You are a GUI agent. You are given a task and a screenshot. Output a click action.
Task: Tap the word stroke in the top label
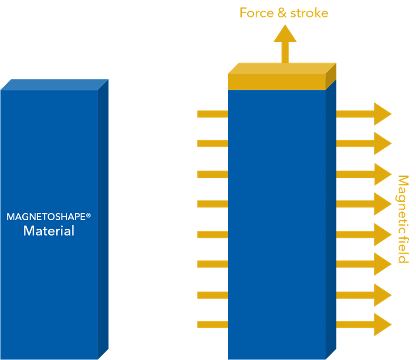point(310,13)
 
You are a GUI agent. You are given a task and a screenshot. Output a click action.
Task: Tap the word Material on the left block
point(49,231)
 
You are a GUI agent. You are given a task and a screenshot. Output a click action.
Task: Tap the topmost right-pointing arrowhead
point(382,114)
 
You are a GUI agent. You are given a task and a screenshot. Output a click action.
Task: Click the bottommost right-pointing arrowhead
point(382,324)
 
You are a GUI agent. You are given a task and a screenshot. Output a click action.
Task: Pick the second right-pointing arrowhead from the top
point(382,143)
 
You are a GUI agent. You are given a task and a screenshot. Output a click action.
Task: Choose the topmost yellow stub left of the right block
point(212,114)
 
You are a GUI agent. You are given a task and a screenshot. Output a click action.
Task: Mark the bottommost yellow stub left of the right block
point(212,324)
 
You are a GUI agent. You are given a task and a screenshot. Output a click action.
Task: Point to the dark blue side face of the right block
point(331,222)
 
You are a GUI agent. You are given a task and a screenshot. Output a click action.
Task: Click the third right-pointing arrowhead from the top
point(382,174)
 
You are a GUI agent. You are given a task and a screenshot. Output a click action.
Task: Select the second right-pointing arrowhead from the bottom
point(382,295)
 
